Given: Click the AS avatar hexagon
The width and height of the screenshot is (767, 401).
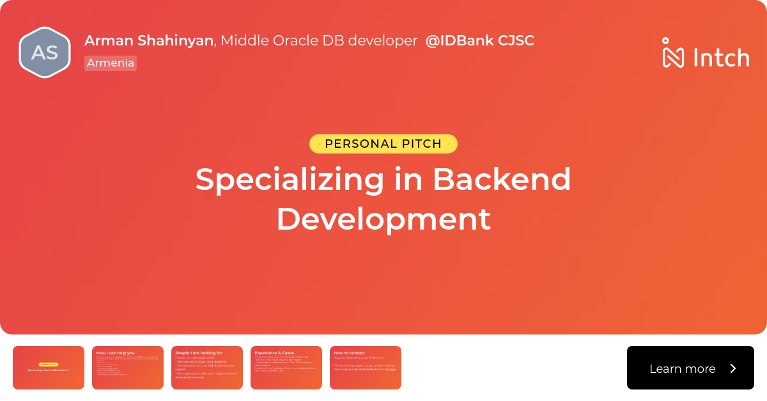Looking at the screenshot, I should [44, 52].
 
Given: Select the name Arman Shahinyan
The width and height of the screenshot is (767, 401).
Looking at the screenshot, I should [148, 40].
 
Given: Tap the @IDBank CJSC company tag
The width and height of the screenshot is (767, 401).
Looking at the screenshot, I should [479, 40].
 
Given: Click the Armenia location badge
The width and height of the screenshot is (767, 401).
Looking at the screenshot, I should [111, 63].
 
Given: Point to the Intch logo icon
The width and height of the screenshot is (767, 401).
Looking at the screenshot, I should [673, 52].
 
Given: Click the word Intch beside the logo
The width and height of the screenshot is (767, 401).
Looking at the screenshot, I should [721, 58].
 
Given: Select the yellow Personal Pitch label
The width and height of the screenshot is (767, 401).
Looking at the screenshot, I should [383, 144].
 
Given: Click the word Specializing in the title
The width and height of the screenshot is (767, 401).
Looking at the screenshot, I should [290, 180].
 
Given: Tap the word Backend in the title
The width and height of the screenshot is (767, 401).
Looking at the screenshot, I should [501, 180].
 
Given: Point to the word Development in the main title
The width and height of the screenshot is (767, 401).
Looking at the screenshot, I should [383, 219].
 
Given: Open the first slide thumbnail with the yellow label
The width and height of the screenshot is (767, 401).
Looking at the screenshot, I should [49, 368].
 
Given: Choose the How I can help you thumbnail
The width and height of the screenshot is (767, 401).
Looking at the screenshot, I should [128, 368].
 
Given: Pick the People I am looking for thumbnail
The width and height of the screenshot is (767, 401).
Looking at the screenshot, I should [207, 368].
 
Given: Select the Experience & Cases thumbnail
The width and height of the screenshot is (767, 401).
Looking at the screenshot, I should [286, 368].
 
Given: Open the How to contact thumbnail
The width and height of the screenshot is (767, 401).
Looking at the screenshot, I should [366, 368].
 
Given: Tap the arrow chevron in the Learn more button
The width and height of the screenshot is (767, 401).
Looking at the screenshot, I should [733, 368].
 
